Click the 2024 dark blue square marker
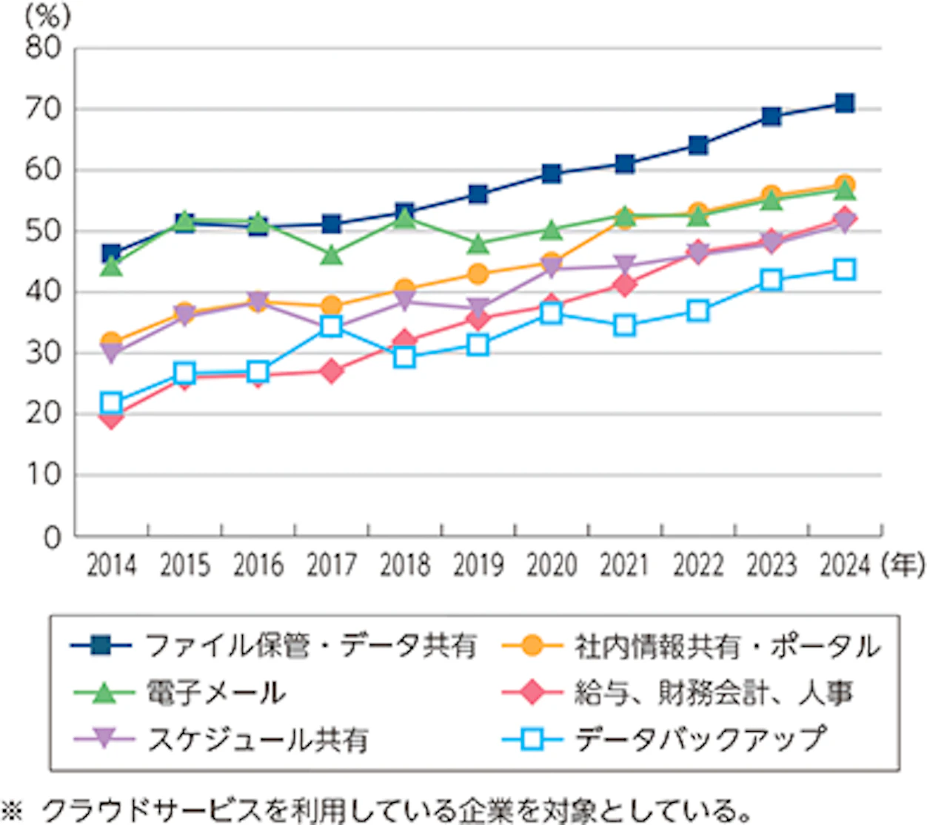point(844,103)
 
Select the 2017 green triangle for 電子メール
point(331,255)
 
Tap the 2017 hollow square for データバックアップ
point(331,326)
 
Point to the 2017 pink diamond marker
point(331,371)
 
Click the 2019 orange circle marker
point(478,274)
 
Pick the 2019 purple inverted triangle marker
point(478,308)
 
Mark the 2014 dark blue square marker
point(111,254)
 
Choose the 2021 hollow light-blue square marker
point(624,326)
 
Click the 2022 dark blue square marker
point(697,145)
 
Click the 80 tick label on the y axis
point(43,48)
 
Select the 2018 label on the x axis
point(404,566)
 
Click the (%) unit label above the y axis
point(47,16)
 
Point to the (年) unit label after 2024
point(903,566)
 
